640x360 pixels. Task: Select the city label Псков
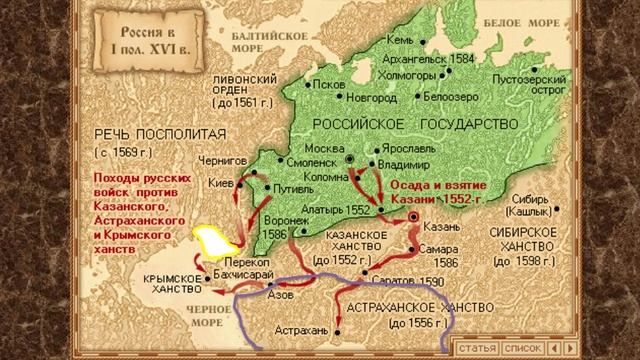332,84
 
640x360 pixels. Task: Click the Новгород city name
371,97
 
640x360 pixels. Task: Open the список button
522,347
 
